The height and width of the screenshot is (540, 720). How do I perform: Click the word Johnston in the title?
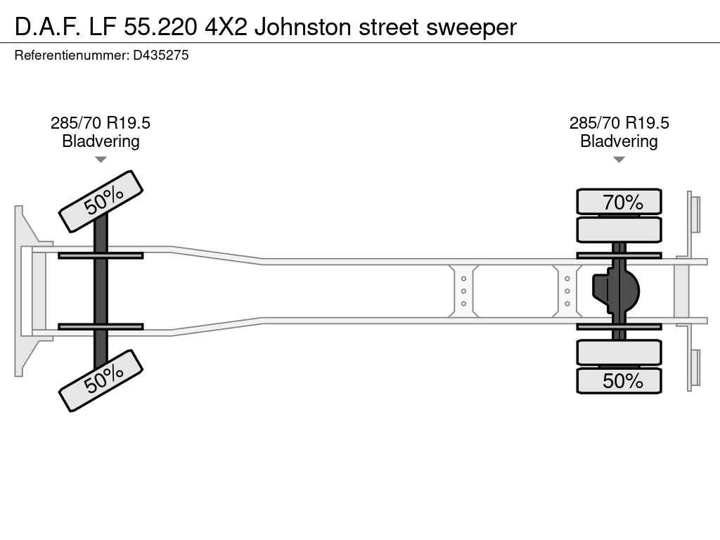pyautogui.click(x=303, y=27)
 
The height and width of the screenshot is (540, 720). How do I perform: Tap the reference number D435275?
pyautogui.click(x=161, y=55)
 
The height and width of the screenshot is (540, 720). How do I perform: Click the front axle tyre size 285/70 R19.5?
pyautogui.click(x=101, y=123)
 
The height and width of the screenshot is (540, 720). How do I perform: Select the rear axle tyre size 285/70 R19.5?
pyautogui.click(x=619, y=123)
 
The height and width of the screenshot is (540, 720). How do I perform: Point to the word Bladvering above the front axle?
pyautogui.click(x=101, y=141)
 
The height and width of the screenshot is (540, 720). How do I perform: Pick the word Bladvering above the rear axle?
pyautogui.click(x=619, y=141)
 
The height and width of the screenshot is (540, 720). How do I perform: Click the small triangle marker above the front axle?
pyautogui.click(x=101, y=160)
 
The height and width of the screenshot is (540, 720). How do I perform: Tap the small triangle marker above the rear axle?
pyautogui.click(x=619, y=160)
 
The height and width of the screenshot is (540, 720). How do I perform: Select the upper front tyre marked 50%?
pyautogui.click(x=101, y=201)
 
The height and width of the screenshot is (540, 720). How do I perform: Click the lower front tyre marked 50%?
pyautogui.click(x=101, y=380)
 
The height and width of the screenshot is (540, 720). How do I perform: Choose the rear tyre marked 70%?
pyautogui.click(x=619, y=202)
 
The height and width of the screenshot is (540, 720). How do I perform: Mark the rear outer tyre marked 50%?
pyautogui.click(x=619, y=381)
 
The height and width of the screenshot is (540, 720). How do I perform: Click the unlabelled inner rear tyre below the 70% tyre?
pyautogui.click(x=619, y=229)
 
